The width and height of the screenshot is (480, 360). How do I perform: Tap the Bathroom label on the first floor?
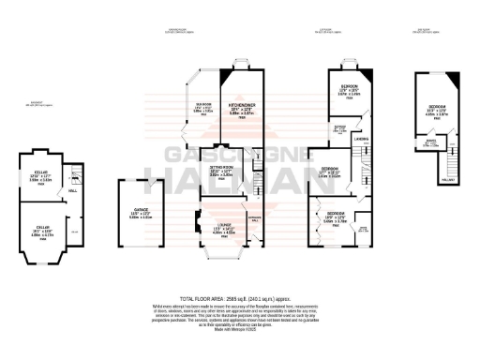pos(341,128)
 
